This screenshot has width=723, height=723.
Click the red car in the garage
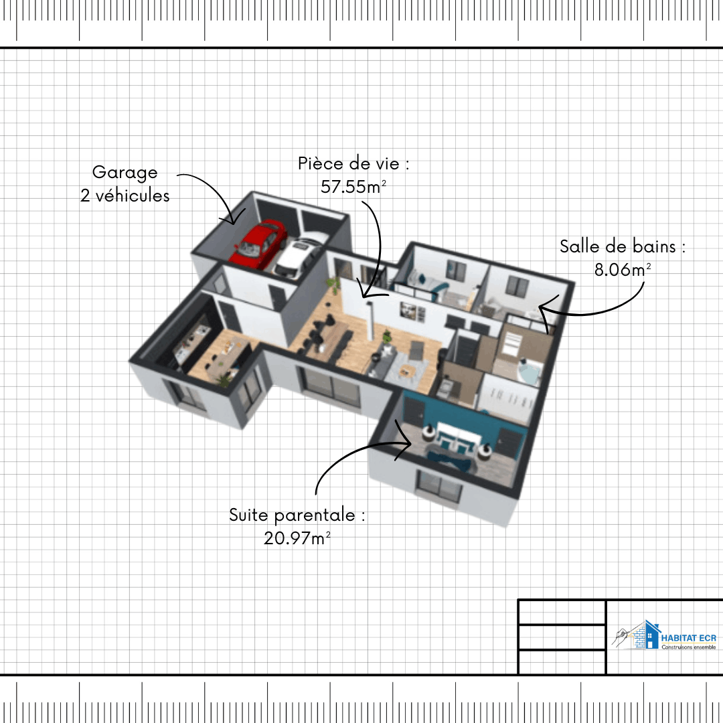tap(258, 244)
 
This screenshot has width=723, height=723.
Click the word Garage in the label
tap(125, 173)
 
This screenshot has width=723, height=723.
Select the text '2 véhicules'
tap(125, 195)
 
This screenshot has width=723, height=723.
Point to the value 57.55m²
tap(353, 186)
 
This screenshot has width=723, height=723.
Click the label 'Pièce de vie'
tap(349, 163)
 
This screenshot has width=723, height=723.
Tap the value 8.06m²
tap(623, 269)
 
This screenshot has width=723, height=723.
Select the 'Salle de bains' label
tap(618, 246)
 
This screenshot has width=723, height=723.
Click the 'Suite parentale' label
tap(293, 515)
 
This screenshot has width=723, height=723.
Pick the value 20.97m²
tap(297, 538)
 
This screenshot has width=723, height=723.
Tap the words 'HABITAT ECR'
tap(689, 638)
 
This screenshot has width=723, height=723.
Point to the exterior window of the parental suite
tap(439, 485)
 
